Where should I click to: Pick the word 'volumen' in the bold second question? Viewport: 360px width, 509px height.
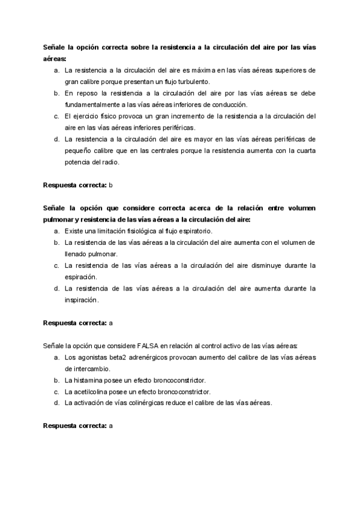click(x=299, y=208)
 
